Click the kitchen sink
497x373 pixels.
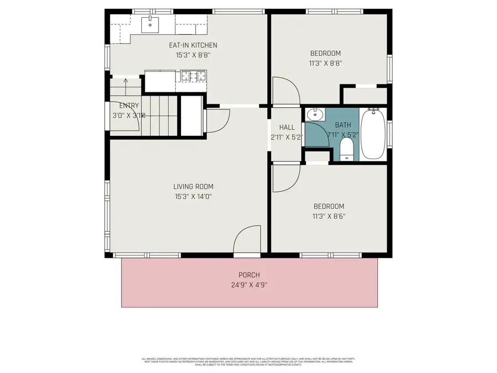pos(150,24)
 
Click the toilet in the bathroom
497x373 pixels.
pos(347,149)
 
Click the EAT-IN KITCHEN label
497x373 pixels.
pos(193,45)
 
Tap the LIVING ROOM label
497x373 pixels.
pos(193,187)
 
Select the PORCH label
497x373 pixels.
pos(249,275)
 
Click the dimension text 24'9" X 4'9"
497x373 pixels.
pos(249,285)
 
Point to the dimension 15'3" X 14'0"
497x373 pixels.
pos(193,196)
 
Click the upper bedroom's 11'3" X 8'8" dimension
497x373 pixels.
pos(325,63)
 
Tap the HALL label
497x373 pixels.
pos(287,128)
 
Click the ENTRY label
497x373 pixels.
pos(129,106)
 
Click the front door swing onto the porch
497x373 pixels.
pos(246,241)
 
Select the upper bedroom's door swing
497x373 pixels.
pos(285,91)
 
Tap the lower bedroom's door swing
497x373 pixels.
pos(285,178)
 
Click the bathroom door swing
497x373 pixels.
pos(317,134)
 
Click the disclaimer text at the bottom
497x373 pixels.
pos(249,361)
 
